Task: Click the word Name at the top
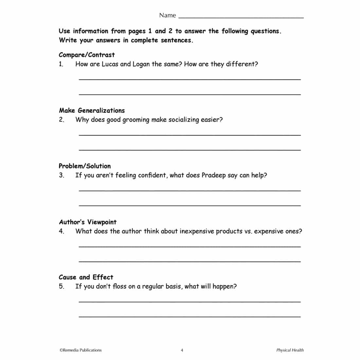(x=167, y=15)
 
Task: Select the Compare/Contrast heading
(x=87, y=55)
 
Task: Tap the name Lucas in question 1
(x=110, y=64)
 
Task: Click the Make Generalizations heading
(x=92, y=111)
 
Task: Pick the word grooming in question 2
(x=136, y=120)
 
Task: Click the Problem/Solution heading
(x=85, y=166)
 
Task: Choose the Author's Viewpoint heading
(x=88, y=222)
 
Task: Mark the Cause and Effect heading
(x=86, y=277)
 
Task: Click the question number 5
(x=62, y=286)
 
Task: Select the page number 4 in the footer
(x=182, y=351)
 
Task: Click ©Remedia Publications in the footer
(x=81, y=350)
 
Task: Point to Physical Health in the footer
(x=290, y=350)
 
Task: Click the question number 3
(x=62, y=175)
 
